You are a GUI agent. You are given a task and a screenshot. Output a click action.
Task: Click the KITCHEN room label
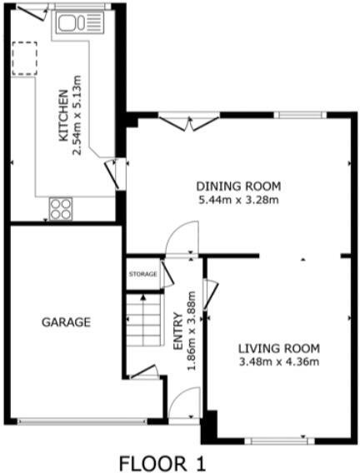click(63, 116)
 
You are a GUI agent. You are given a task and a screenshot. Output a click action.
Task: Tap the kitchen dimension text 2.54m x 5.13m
click(77, 115)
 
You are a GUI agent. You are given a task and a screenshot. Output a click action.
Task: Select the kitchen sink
click(80, 22)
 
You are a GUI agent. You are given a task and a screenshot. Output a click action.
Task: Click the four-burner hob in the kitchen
click(61, 209)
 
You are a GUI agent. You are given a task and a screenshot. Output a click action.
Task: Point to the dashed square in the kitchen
click(24, 58)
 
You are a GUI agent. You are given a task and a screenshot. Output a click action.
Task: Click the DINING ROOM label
click(238, 187)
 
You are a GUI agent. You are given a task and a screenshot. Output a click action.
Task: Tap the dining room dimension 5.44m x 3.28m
click(238, 200)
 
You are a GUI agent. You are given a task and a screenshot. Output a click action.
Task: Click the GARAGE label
click(66, 322)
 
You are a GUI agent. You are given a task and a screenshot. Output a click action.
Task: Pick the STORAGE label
click(143, 274)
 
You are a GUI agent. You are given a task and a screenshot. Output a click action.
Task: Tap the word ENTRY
click(178, 331)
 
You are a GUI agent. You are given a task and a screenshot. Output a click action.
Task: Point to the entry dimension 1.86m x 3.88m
click(192, 331)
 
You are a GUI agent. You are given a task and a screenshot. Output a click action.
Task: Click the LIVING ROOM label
click(279, 349)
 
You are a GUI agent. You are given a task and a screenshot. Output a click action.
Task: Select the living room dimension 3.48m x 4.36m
click(279, 361)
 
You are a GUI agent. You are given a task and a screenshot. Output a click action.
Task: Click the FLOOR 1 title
click(162, 463)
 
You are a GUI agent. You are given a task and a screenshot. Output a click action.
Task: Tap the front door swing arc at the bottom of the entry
click(178, 394)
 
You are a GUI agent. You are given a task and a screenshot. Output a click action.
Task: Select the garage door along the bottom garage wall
click(82, 421)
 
